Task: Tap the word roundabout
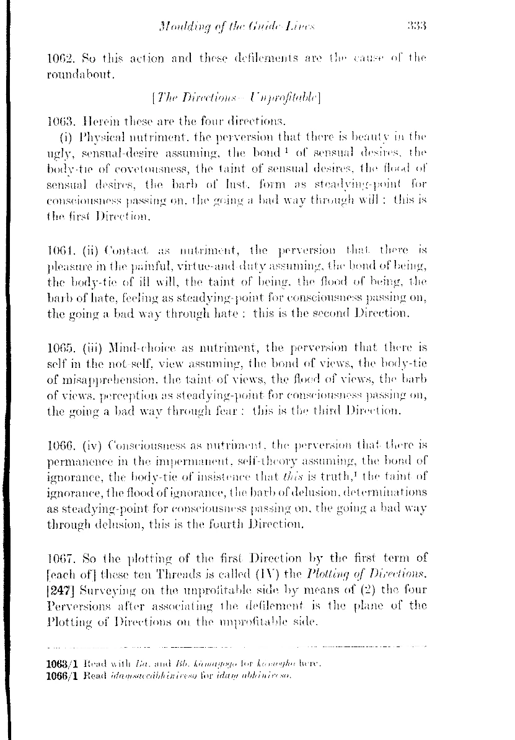tap(84, 77)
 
